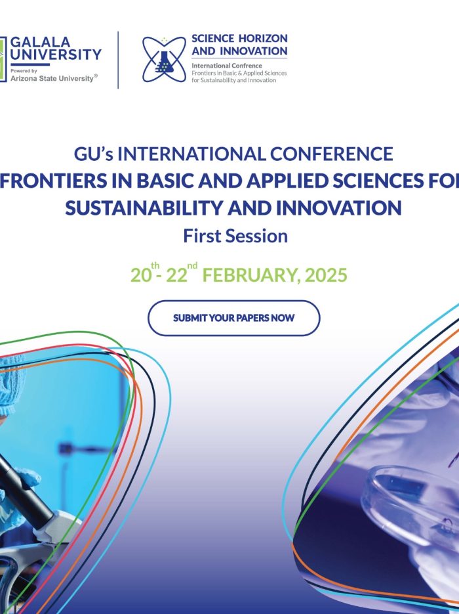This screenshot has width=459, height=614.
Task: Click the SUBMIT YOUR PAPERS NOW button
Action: (234, 318)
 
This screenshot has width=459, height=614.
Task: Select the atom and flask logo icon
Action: (164, 60)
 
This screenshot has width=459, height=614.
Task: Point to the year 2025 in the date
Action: (326, 275)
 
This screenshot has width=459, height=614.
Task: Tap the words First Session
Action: (235, 236)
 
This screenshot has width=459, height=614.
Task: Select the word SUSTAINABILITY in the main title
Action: (144, 208)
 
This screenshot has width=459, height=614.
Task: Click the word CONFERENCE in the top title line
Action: (332, 154)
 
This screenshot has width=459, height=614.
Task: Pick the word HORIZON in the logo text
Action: (263, 38)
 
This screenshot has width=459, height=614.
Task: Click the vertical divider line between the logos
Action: (118, 60)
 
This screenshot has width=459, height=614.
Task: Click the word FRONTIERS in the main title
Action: (52, 181)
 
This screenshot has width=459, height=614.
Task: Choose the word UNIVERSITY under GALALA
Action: (56, 55)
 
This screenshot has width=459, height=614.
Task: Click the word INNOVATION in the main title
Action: (338, 208)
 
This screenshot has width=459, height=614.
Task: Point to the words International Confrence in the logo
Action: (227, 66)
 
